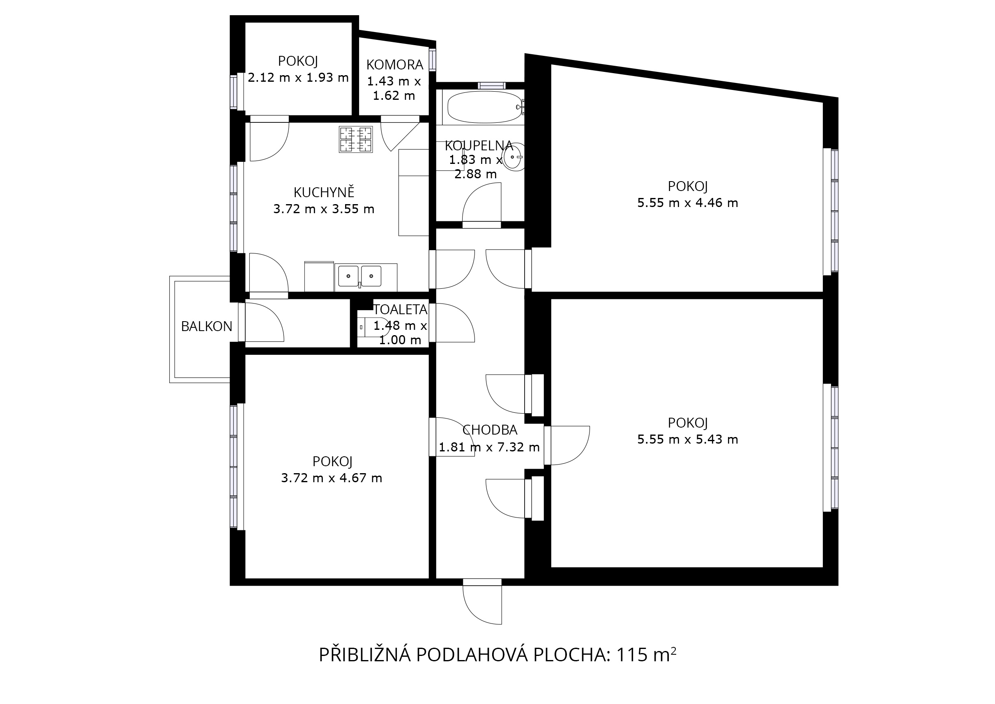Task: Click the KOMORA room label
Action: point(394,64)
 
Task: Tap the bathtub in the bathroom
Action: point(484,107)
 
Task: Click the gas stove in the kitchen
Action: point(355,139)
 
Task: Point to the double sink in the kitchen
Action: point(360,276)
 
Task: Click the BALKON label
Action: point(206,327)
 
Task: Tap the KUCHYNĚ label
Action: point(324,192)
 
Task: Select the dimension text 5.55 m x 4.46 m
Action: point(688,203)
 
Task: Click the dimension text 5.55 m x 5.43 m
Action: point(688,439)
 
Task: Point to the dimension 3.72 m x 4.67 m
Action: point(332,478)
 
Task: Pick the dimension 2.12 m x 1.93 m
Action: point(298,78)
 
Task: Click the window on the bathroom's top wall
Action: point(492,85)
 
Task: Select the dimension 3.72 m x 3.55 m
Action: point(324,209)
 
